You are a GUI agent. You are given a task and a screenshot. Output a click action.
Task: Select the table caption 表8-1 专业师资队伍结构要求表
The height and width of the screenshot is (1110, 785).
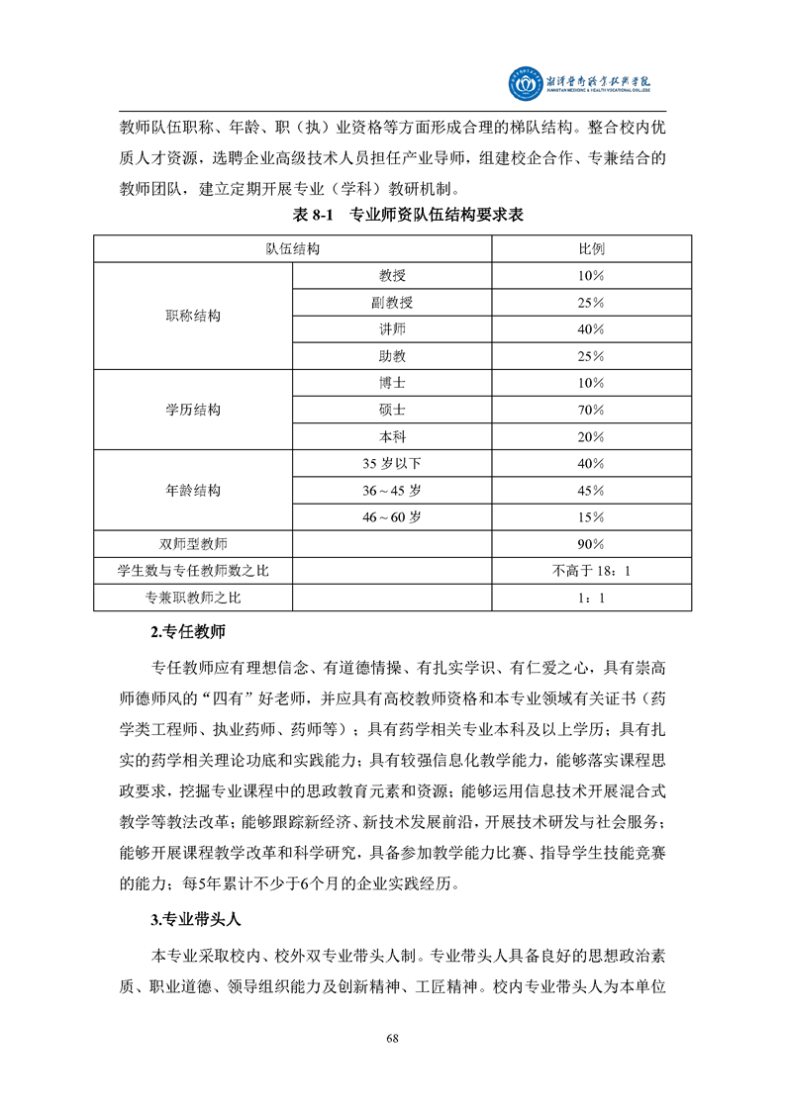(392, 216)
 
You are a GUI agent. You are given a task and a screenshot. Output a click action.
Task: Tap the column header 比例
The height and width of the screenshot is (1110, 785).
(591, 248)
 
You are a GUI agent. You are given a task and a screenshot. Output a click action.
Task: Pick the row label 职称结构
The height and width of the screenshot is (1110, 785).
(193, 316)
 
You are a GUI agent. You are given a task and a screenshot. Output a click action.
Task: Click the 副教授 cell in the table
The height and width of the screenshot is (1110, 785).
(392, 302)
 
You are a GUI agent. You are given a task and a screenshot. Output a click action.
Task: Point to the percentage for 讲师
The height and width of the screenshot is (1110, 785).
(591, 328)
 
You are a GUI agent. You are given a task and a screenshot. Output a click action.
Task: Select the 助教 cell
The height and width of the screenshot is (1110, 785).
(392, 355)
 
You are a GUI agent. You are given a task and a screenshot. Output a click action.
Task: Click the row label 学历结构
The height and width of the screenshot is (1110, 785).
(193, 410)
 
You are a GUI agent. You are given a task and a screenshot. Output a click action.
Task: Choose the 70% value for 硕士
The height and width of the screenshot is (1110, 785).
(591, 410)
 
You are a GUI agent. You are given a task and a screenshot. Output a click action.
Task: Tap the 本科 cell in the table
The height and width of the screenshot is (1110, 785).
(392, 436)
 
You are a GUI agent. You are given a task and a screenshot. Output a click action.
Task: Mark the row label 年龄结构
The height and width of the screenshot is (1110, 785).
(193, 491)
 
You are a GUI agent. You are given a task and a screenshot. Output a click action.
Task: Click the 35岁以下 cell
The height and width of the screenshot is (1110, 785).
(392, 463)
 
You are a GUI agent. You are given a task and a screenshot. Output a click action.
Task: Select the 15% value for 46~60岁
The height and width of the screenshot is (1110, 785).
(591, 516)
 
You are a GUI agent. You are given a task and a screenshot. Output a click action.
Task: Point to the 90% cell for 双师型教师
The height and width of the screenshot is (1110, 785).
(591, 544)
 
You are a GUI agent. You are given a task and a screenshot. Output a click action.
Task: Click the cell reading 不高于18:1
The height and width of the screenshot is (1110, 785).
(591, 571)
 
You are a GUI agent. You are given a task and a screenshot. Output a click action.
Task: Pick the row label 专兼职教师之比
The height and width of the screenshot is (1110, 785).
(193, 598)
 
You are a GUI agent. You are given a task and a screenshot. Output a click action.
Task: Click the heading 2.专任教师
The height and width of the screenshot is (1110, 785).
(193, 632)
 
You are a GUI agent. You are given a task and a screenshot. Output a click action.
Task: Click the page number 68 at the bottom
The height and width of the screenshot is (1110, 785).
(392, 1038)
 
